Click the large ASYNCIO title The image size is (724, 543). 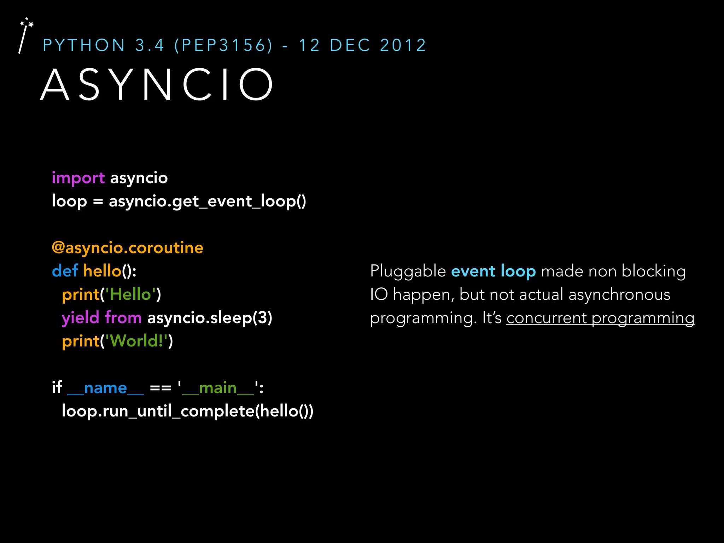click(157, 85)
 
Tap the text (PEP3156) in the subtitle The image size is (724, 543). click(223, 45)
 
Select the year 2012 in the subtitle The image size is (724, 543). click(403, 45)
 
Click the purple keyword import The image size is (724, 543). click(78, 178)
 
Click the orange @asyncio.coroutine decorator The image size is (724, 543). click(127, 247)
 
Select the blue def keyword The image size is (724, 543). click(65, 271)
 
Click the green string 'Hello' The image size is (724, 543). click(131, 294)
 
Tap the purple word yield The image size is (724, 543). click(80, 317)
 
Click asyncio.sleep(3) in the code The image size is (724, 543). click(210, 317)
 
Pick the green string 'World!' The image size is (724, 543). click(136, 341)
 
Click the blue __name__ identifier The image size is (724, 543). click(105, 388)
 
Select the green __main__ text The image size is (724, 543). click(218, 388)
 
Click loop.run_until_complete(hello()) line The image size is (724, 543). click(187, 411)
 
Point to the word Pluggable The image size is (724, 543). click(408, 271)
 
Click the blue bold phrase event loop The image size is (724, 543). click(493, 271)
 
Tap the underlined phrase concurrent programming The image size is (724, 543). click(600, 318)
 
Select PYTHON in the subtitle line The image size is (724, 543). click(84, 45)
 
